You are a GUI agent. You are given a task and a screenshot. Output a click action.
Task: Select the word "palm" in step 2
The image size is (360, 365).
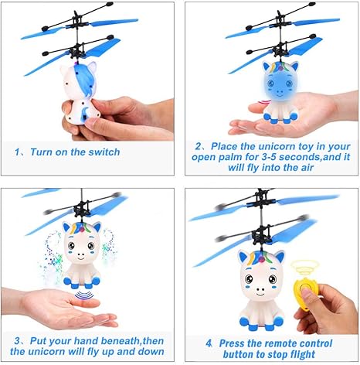point(217,157)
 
